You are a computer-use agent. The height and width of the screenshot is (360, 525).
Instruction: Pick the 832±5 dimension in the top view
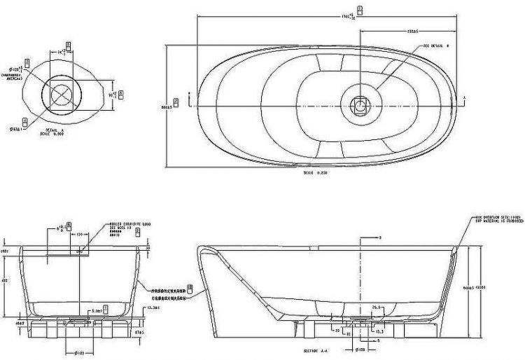tap(412, 31)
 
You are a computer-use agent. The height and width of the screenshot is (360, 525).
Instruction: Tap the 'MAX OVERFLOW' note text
tap(498, 219)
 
